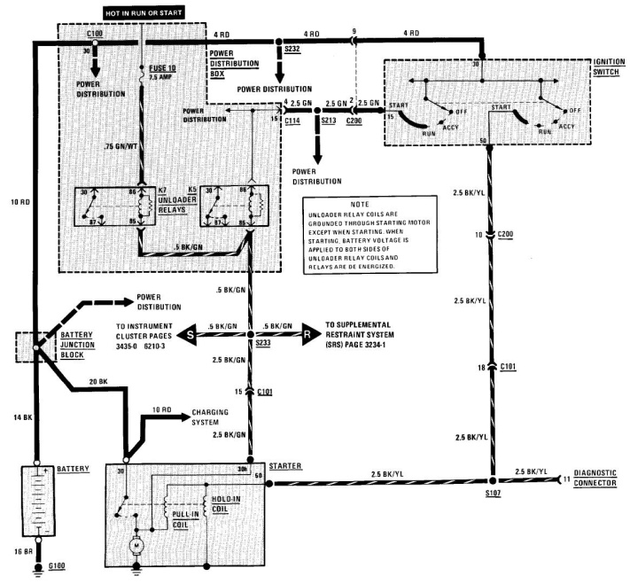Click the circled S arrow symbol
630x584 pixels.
pyautogui.click(x=190, y=336)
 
